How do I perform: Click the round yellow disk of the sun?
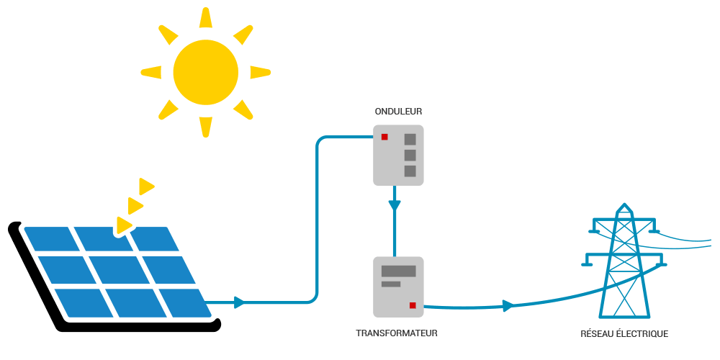pyautogui.click(x=205, y=72)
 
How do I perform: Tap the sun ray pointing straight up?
pyautogui.click(x=206, y=19)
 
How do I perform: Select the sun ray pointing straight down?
pyautogui.click(x=206, y=126)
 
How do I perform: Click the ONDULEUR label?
pyautogui.click(x=398, y=112)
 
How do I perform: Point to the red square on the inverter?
pyautogui.click(x=384, y=137)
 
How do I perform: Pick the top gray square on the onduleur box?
pyautogui.click(x=410, y=140)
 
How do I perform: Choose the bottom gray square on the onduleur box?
pyautogui.click(x=410, y=171)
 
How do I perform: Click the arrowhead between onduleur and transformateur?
pyautogui.click(x=394, y=205)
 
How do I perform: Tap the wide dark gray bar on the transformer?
pyautogui.click(x=398, y=271)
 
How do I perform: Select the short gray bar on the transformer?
pyautogui.click(x=390, y=284)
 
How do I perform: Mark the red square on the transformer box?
pyautogui.click(x=413, y=305)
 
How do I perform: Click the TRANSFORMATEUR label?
pyautogui.click(x=397, y=333)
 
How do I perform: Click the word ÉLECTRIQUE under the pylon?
pyautogui.click(x=642, y=334)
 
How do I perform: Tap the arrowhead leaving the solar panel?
pyautogui.click(x=239, y=302)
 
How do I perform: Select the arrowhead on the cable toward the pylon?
pyautogui.click(x=508, y=306)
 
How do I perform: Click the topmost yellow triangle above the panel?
pyautogui.click(x=146, y=186)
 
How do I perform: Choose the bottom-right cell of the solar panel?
pyautogui.click(x=184, y=302)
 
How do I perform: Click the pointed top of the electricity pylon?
pyautogui.click(x=624, y=207)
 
